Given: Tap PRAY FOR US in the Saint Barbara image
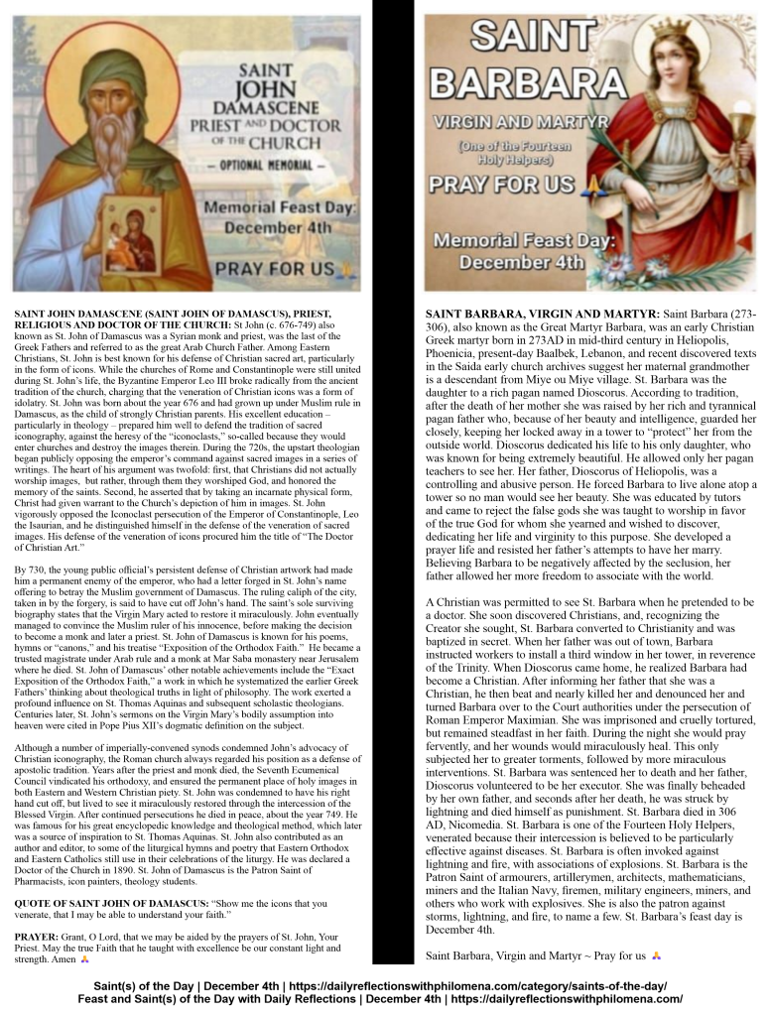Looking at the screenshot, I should [501, 185].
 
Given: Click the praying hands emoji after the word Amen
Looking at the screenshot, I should [84, 959].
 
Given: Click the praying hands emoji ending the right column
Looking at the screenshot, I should [656, 955].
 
